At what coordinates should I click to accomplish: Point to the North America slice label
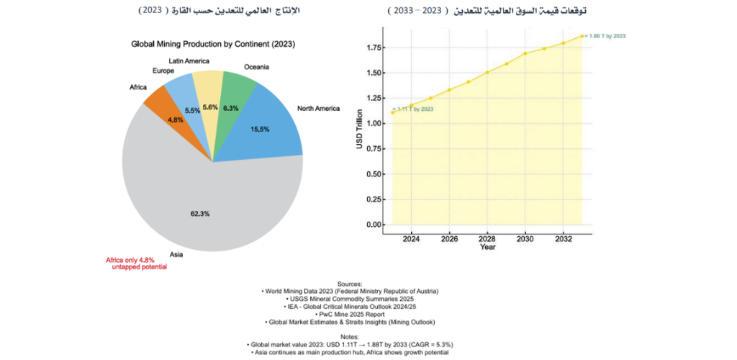coord(319,109)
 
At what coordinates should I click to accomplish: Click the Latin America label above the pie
coord(189,61)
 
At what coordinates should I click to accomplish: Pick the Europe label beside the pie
coord(163,71)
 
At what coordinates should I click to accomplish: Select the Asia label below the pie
coord(176,254)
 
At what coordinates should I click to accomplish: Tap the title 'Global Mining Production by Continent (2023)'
coord(212,44)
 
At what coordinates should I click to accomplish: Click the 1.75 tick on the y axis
coord(373,48)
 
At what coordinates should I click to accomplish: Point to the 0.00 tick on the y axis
coord(373,225)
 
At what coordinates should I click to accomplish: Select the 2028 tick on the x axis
coord(487,238)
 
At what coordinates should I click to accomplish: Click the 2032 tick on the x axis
coord(563,238)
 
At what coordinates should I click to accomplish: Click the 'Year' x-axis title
coord(487,247)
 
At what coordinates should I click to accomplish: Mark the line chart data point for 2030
coord(525,53)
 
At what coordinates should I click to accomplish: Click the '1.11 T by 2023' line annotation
coord(415,109)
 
